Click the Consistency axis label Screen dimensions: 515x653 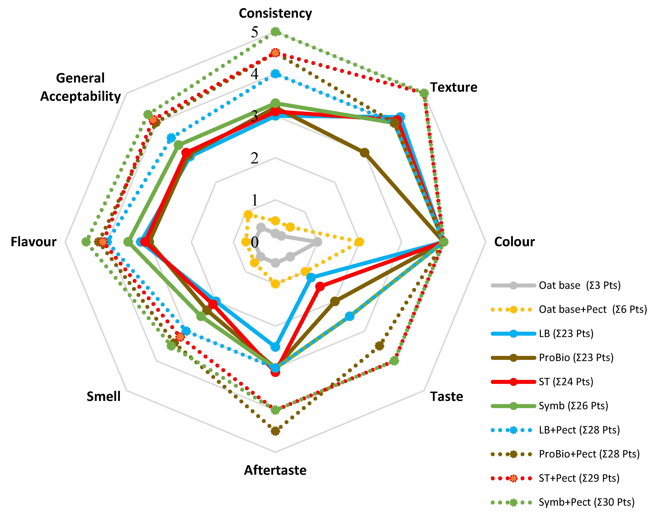coord(275,13)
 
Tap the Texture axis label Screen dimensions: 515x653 coord(453,87)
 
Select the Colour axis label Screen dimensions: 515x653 coord(514,242)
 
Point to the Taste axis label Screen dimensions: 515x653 coord(446,397)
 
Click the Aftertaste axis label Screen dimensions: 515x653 coord(275,470)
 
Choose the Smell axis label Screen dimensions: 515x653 coord(103,397)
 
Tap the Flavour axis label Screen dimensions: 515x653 coord(34,242)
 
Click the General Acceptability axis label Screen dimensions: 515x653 coord(81,87)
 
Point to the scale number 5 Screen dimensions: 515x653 coord(255,32)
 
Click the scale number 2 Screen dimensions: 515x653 coord(255,158)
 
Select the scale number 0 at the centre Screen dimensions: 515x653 coord(255,242)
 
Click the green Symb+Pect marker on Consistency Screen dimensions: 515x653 coord(275,32)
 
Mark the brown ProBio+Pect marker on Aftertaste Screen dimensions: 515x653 coord(275,431)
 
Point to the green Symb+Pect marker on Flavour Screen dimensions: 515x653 coord(86,242)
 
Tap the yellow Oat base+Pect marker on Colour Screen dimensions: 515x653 coord(359,242)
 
